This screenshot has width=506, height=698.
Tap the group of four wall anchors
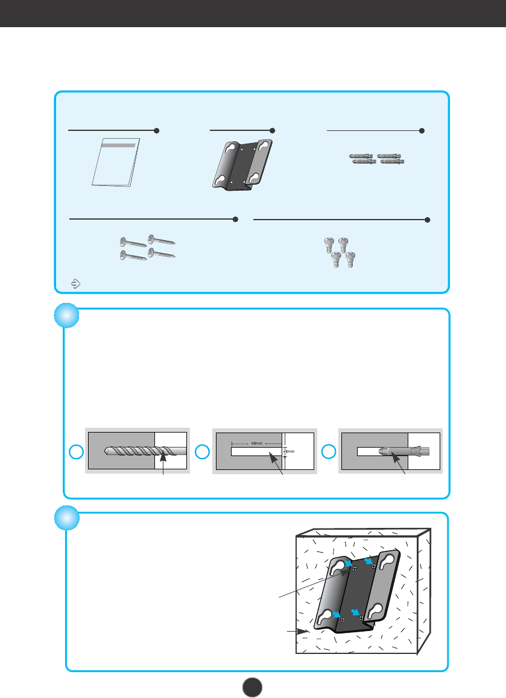378,159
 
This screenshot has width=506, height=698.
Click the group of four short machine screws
339,250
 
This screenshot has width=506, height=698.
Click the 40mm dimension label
258,443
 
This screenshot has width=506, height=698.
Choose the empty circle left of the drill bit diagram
75,451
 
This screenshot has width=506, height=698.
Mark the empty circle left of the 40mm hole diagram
204,451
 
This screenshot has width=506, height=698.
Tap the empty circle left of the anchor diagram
329,451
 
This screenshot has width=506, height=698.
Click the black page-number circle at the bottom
253,686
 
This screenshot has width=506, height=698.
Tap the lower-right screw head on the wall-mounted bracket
361,618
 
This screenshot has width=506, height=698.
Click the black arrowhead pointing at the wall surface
305,631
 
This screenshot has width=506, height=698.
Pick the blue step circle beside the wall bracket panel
66,518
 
